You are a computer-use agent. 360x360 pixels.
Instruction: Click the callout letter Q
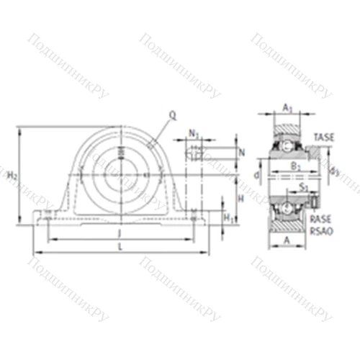click(172, 114)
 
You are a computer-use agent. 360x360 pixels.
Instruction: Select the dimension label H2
click(12, 176)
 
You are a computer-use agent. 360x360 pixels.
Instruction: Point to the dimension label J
click(120, 233)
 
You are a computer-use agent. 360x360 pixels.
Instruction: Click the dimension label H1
click(227, 217)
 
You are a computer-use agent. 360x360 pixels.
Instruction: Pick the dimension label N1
click(193, 132)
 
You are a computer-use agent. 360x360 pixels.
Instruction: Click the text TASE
click(323, 138)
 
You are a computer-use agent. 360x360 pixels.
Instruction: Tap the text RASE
click(321, 217)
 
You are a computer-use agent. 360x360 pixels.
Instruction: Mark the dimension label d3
click(333, 171)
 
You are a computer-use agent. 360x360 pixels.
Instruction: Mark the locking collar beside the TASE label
click(314, 153)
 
